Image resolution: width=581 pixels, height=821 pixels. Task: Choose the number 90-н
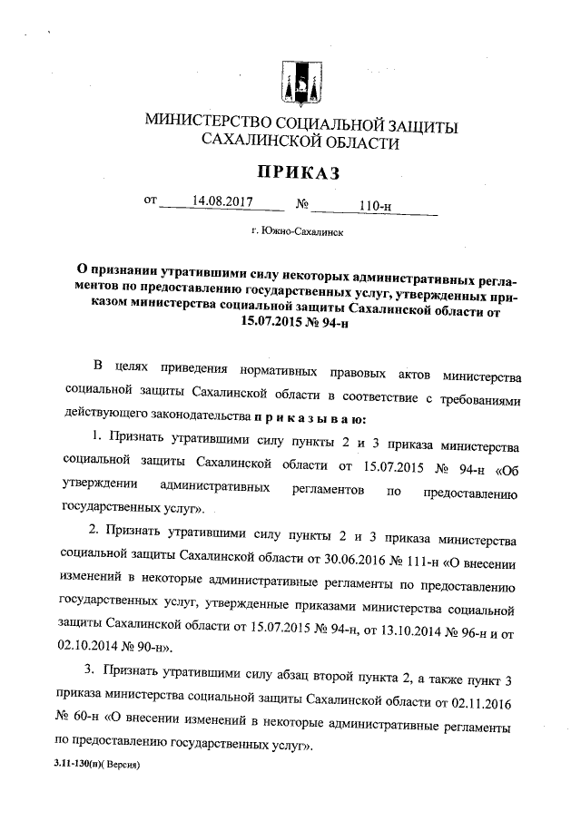pyautogui.click(x=144, y=649)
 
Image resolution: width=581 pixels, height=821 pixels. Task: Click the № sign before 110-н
pyautogui.click(x=302, y=203)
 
